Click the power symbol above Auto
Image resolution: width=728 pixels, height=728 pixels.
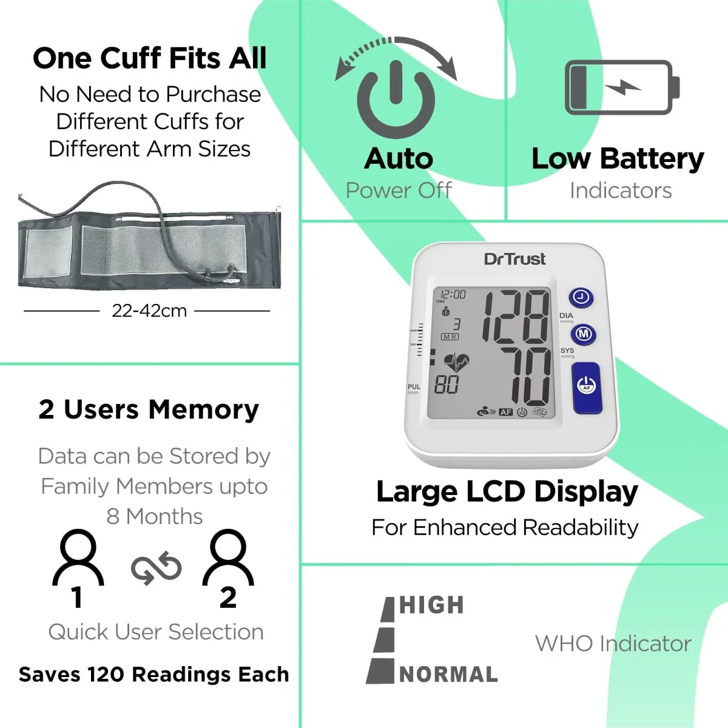(x=396, y=97)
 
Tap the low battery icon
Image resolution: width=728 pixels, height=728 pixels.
(x=621, y=87)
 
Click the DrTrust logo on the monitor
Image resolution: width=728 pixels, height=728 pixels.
(x=514, y=259)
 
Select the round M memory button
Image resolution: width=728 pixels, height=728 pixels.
(x=583, y=334)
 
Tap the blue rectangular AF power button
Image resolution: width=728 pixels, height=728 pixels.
(x=586, y=386)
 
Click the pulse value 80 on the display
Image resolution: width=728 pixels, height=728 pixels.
(x=447, y=384)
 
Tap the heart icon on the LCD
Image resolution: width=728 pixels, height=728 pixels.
(x=456, y=363)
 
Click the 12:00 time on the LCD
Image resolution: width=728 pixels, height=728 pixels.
(x=453, y=294)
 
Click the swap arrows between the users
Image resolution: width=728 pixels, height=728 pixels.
(x=156, y=569)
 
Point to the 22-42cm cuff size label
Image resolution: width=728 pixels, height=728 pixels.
(x=149, y=311)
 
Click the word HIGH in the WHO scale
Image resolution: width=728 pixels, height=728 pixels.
(x=432, y=605)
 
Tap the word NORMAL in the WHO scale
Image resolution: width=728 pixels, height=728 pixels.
(x=448, y=674)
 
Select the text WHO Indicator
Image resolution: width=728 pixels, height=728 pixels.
(x=613, y=643)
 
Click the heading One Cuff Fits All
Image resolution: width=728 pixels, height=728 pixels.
(x=150, y=58)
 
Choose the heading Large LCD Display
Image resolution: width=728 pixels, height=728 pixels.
(x=507, y=491)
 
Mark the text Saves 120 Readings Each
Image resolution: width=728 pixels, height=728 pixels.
(x=153, y=674)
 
